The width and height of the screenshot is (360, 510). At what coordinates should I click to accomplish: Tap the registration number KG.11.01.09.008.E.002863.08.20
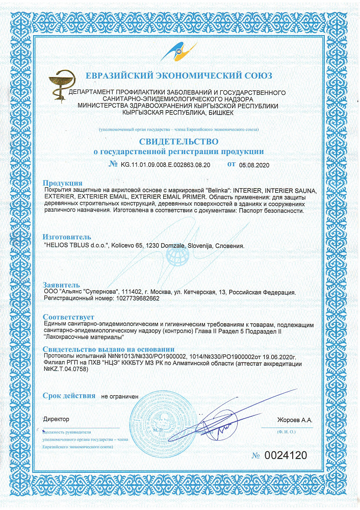click(166, 165)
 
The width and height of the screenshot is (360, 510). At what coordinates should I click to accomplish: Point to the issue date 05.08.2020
click(253, 165)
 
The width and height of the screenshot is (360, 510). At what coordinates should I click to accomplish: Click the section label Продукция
click(62, 183)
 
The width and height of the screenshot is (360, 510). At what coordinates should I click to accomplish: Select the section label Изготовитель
click(67, 237)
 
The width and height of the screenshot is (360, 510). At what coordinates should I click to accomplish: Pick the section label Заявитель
click(61, 284)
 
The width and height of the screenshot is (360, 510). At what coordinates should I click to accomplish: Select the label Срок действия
click(69, 395)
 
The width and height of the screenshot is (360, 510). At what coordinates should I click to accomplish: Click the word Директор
click(56, 419)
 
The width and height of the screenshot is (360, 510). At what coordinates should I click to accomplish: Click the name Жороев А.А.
click(294, 420)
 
